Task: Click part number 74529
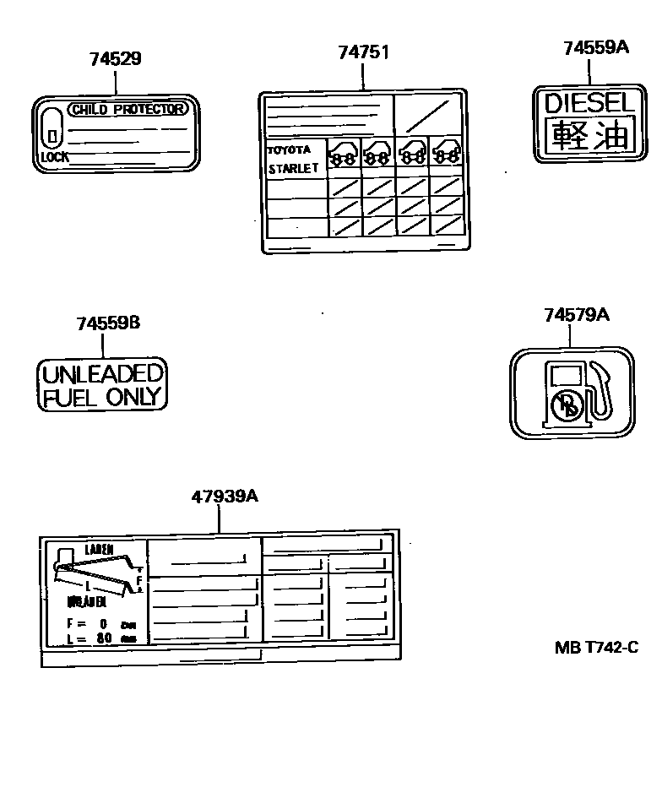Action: click(116, 59)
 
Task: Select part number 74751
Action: click(363, 52)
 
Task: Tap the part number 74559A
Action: click(596, 48)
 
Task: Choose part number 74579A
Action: click(577, 315)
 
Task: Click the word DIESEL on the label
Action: click(588, 104)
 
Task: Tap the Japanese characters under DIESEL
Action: click(589, 135)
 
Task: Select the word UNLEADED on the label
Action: click(102, 374)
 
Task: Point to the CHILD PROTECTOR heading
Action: click(128, 109)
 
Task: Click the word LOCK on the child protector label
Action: click(55, 157)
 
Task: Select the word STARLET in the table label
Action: click(293, 168)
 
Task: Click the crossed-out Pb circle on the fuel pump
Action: click(565, 406)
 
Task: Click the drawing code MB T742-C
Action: click(596, 648)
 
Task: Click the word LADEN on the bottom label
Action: click(99, 550)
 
